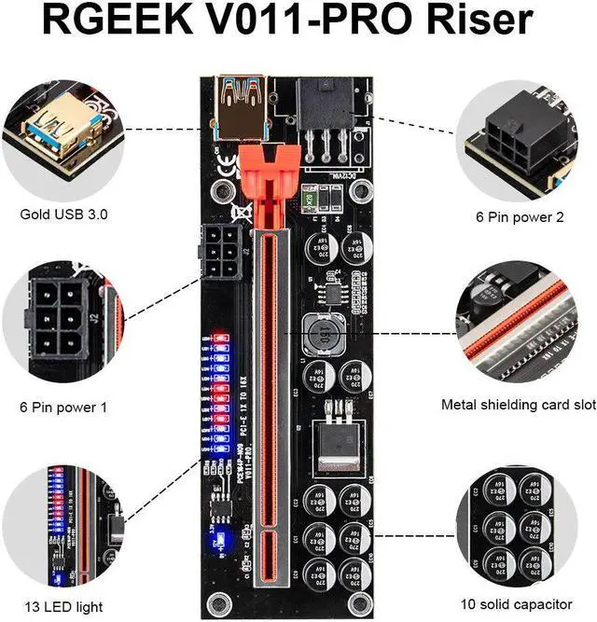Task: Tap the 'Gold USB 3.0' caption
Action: tap(64, 214)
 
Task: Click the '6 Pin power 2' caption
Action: tap(520, 216)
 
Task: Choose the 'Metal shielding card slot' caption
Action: tap(519, 405)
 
